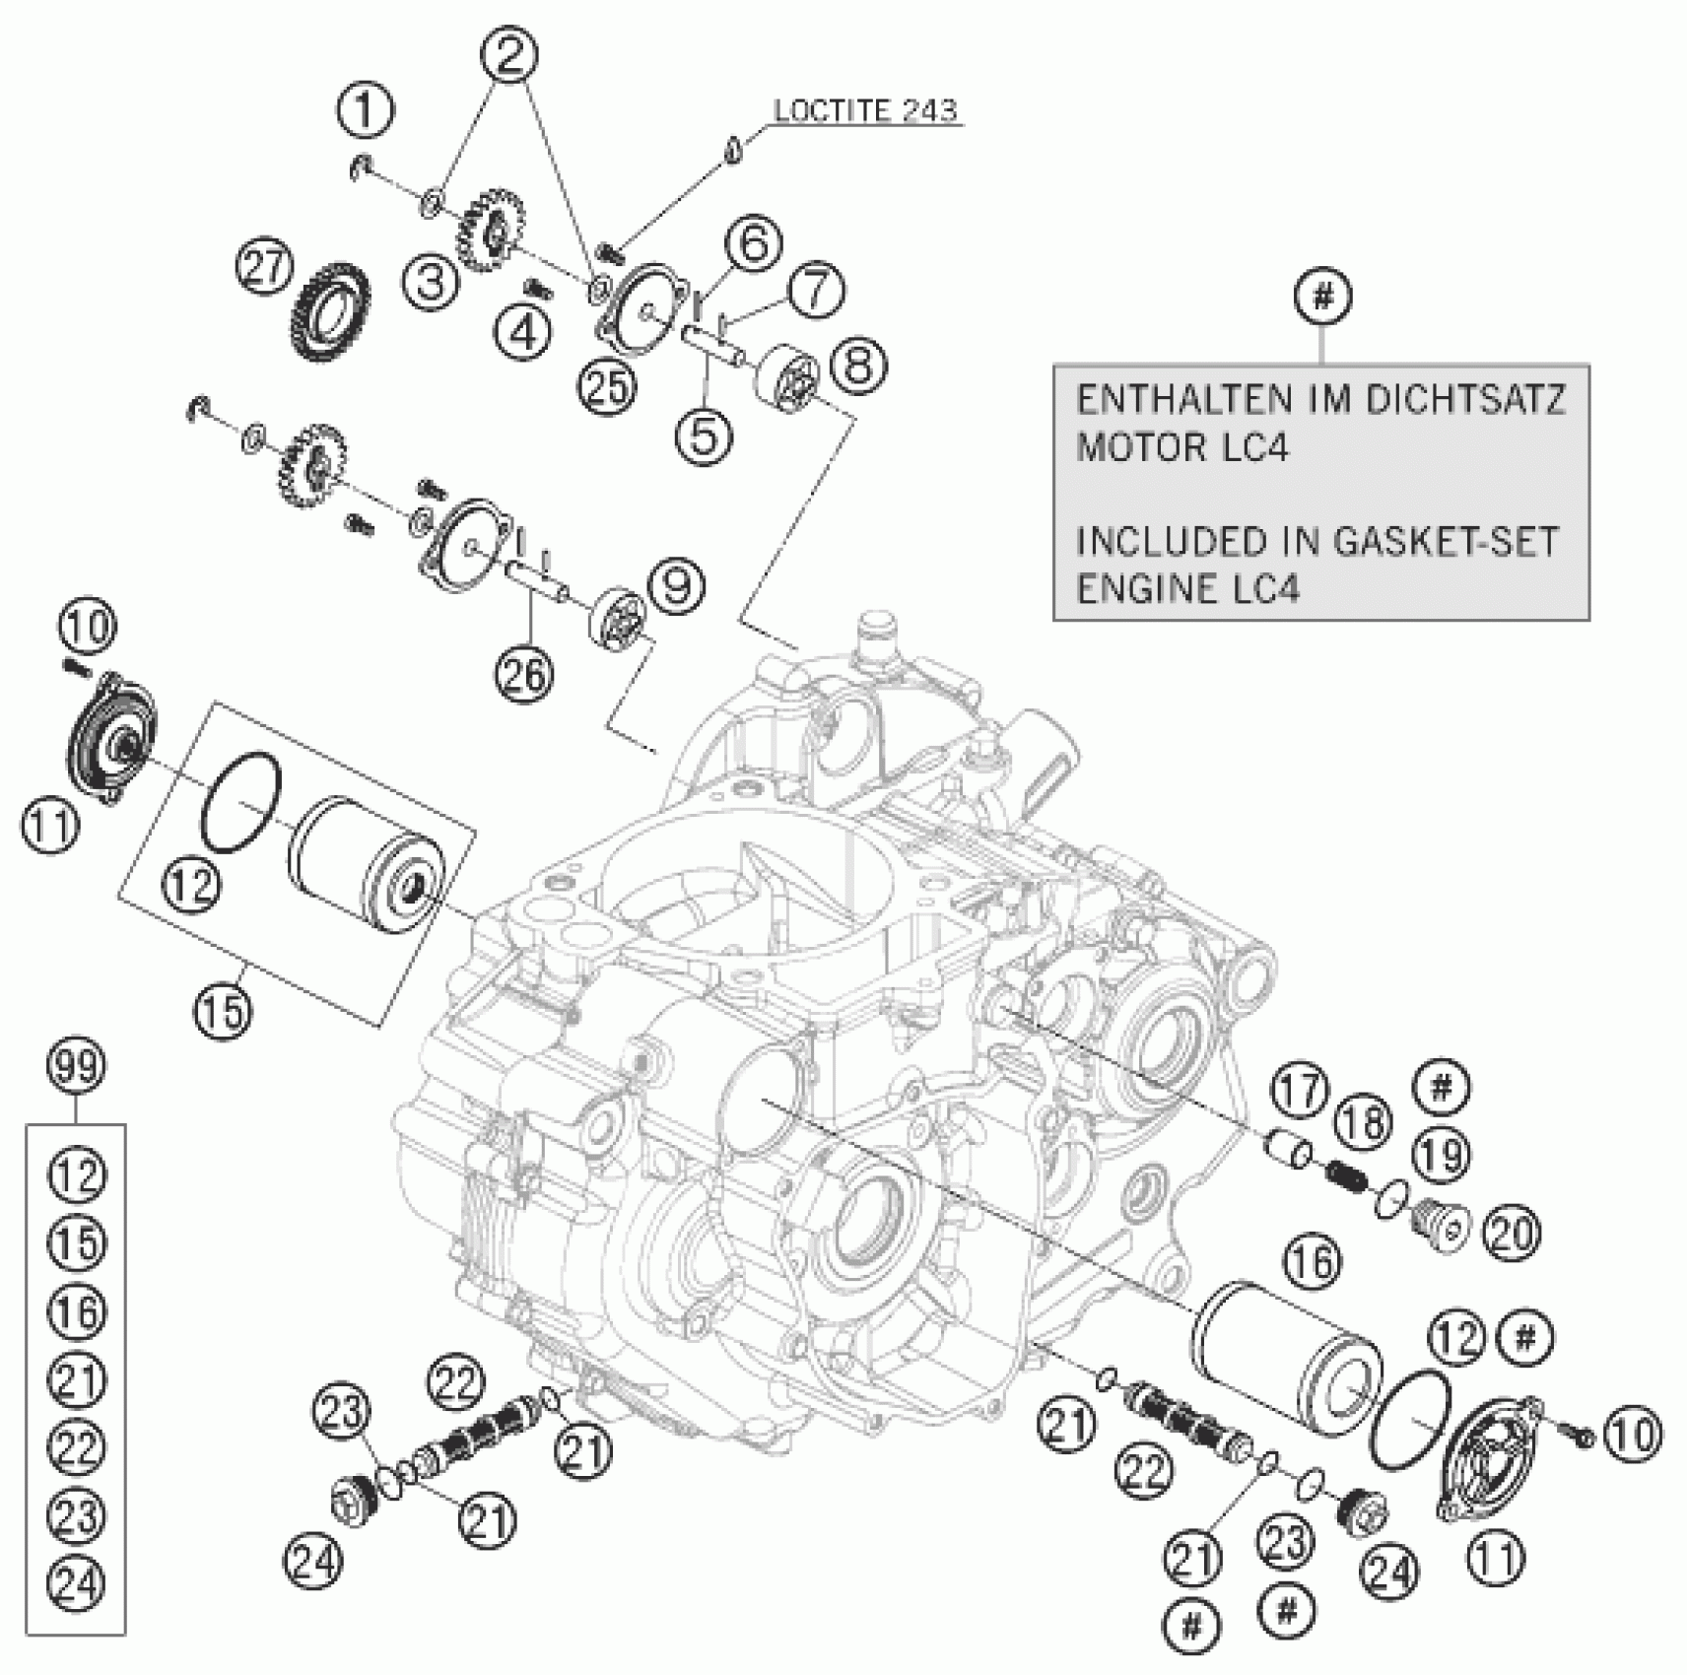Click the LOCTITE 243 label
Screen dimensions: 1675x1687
click(864, 110)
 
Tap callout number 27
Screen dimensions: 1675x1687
click(265, 270)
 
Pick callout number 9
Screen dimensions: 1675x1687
click(677, 588)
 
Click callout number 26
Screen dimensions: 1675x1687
click(524, 675)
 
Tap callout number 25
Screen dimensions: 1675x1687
click(607, 387)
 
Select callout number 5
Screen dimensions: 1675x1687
click(704, 435)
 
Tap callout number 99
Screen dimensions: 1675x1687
click(77, 1069)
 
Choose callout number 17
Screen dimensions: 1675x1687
click(1299, 1093)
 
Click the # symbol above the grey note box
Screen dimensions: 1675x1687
click(1322, 296)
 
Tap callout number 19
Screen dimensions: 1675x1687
click(1442, 1154)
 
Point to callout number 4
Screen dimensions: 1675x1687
click(523, 331)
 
